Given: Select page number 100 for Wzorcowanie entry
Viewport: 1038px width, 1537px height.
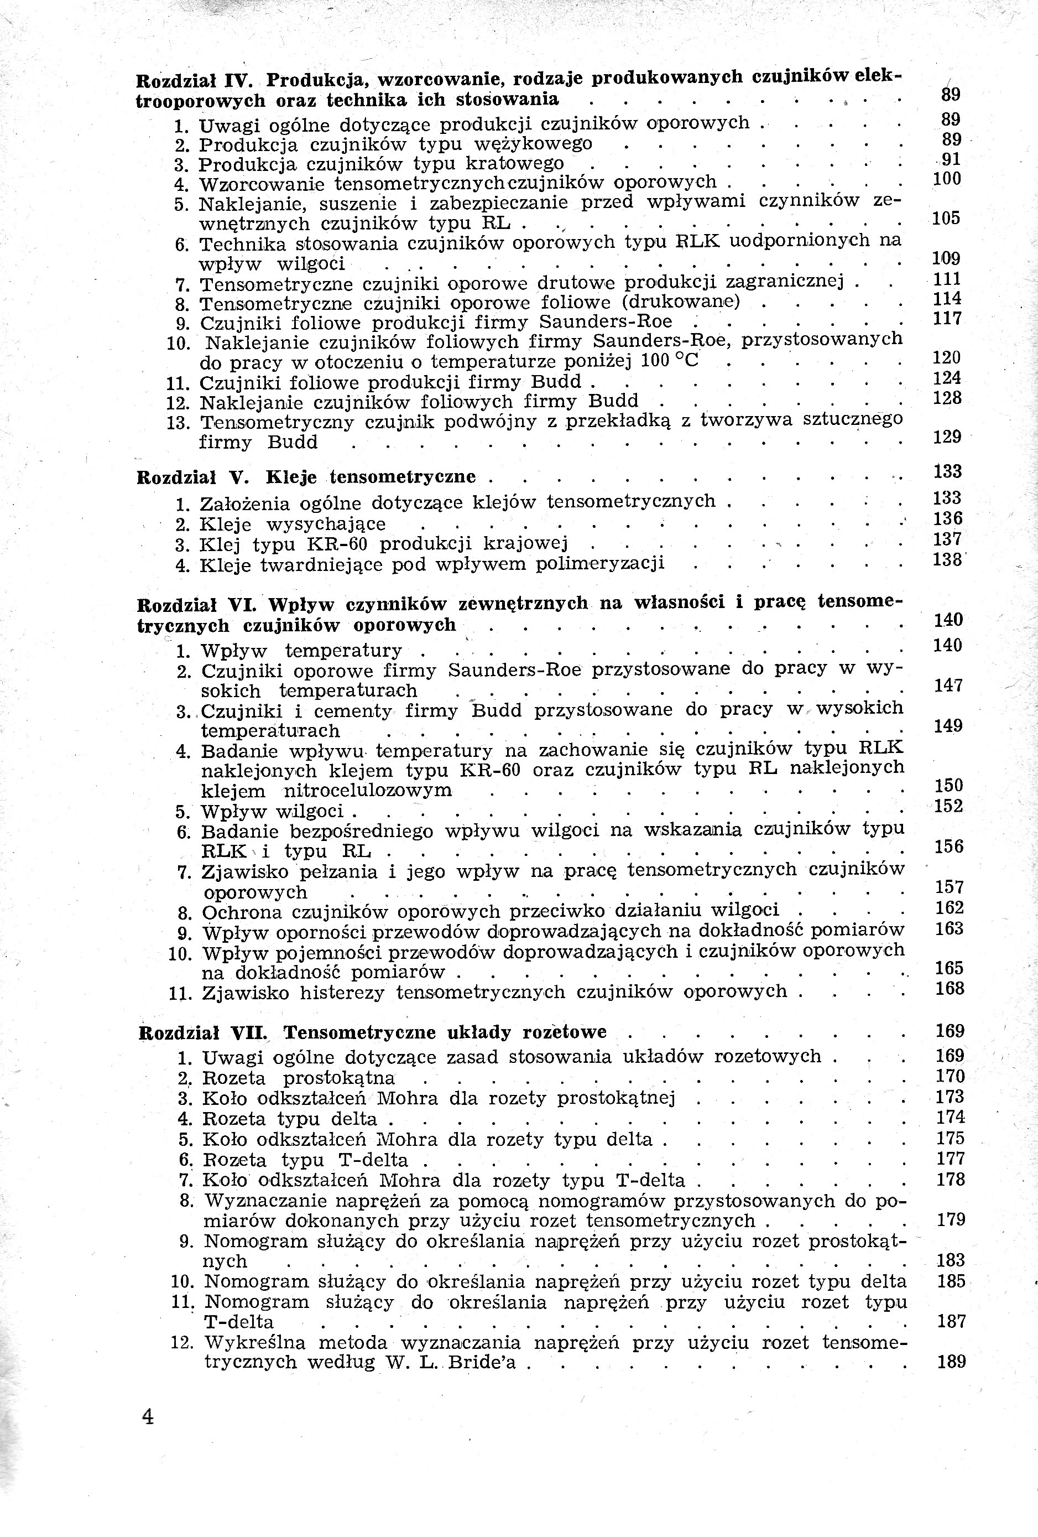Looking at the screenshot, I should pyautogui.click(x=946, y=179).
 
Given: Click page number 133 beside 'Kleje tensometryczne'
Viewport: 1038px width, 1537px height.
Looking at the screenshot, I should pyautogui.click(x=947, y=471).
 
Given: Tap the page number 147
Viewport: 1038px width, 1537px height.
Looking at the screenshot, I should pyautogui.click(x=949, y=686).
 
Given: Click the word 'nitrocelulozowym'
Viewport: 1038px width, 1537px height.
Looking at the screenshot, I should pyautogui.click(x=368, y=790).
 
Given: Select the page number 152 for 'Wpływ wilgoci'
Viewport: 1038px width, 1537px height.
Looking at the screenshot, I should pyautogui.click(x=949, y=806).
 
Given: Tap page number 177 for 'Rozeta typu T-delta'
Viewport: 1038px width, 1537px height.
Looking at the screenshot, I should pyautogui.click(x=951, y=1159).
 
